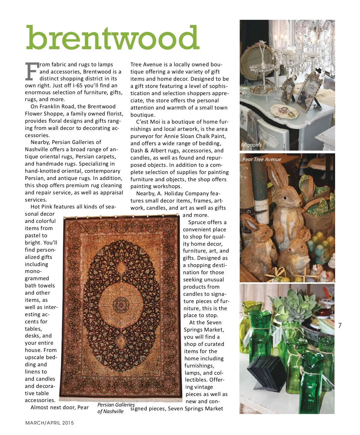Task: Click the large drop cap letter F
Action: tap(31, 72)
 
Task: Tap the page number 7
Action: tap(340, 325)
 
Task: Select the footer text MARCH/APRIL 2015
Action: tap(49, 423)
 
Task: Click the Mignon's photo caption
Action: tap(251, 145)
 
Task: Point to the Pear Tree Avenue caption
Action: tap(262, 159)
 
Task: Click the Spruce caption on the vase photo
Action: tap(249, 410)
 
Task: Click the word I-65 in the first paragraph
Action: tap(79, 85)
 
